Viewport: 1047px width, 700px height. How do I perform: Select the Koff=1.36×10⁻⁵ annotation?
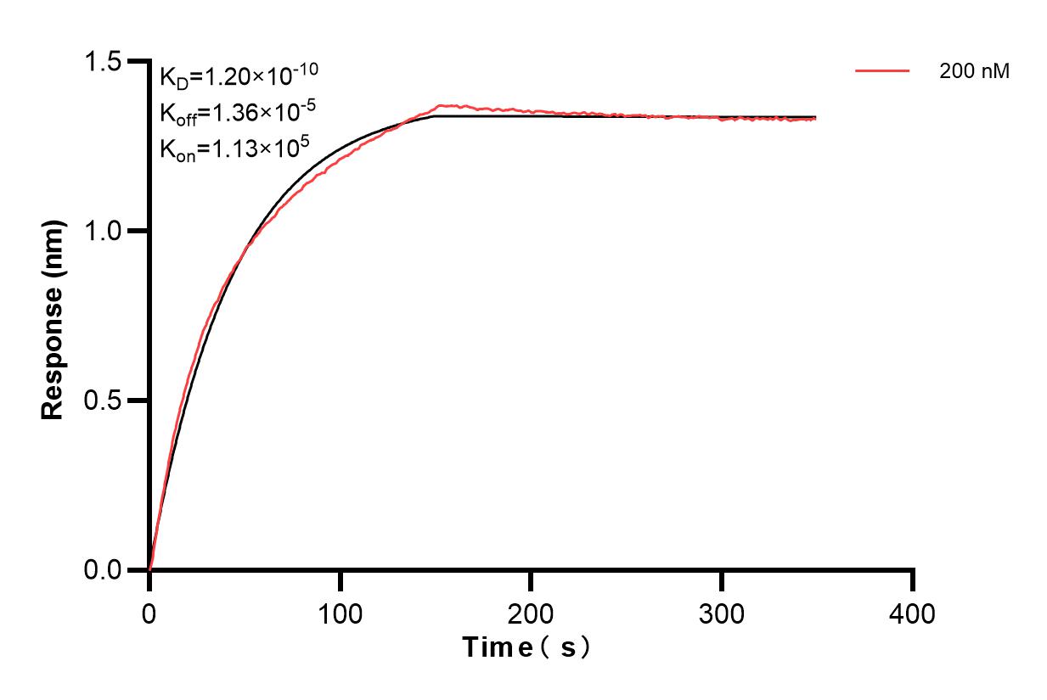pos(233,113)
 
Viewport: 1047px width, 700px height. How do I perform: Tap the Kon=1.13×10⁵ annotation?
pos(234,148)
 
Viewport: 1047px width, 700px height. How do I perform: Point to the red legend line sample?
pos(883,71)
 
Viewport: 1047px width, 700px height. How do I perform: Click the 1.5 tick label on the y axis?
pos(102,62)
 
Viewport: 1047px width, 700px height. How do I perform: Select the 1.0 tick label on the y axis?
pos(102,231)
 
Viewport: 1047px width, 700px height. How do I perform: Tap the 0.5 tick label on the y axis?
pos(102,400)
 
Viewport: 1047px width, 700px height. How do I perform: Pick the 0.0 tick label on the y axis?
pos(102,569)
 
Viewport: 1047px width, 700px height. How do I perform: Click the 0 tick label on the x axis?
pos(149,613)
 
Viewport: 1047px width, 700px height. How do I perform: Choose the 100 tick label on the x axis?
pos(340,613)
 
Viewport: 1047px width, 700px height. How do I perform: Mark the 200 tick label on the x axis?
pos(531,613)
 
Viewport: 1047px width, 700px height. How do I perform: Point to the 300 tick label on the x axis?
pos(722,613)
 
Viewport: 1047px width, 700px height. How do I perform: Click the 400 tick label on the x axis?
pos(912,613)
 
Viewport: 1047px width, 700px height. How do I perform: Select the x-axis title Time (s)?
pos(526,648)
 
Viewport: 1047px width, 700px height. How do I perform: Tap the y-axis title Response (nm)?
pos(53,321)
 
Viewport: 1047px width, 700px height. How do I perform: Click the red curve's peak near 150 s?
pos(439,106)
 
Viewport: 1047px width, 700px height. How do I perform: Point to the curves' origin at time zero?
pos(149,569)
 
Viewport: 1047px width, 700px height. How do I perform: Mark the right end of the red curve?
pos(816,120)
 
